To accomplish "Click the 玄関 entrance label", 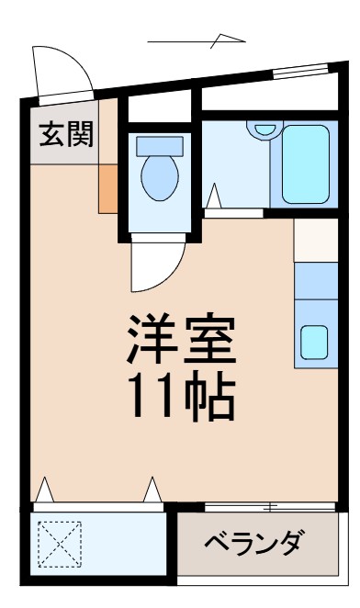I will (65, 135).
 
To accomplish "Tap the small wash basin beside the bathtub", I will (265, 129).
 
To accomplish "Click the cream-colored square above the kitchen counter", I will (315, 241).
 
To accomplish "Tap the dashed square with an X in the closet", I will (59, 544).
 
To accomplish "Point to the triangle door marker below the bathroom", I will (214, 195).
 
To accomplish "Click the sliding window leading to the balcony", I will (270, 506).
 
